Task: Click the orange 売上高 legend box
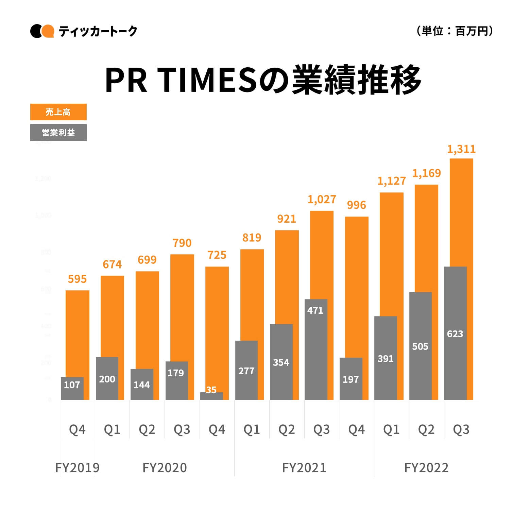point(58,112)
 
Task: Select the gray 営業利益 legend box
point(58,133)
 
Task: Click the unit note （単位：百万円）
point(455,31)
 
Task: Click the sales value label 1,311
point(461,149)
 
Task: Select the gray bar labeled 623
point(455,333)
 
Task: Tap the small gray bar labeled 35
point(211,396)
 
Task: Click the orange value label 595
point(77,279)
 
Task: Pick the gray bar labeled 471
point(316,349)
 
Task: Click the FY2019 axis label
point(78,468)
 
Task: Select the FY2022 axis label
point(426,468)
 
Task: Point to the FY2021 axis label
point(304,468)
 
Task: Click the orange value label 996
point(356,205)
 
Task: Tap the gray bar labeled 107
point(72,388)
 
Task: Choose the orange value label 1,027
point(322,199)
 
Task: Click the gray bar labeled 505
point(420,346)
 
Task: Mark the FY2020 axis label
point(165,468)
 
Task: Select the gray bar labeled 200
point(107,378)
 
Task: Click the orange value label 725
point(217,255)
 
